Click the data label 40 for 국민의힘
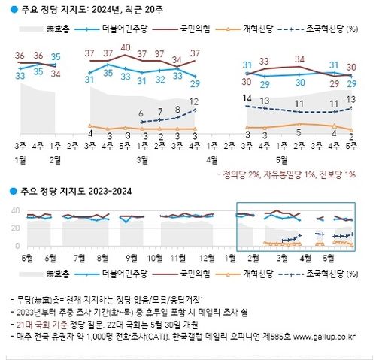click(x=126, y=47)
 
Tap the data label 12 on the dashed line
click(x=194, y=101)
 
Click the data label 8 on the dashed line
click(x=177, y=109)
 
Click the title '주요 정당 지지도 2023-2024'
click(x=75, y=192)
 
